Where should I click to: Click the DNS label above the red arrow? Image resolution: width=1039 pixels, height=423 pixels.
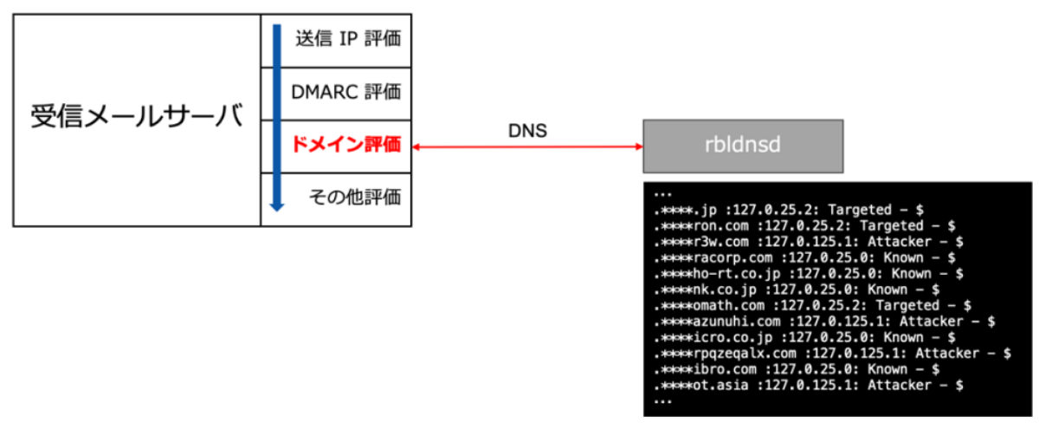526,130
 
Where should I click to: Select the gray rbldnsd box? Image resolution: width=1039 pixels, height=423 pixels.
743,146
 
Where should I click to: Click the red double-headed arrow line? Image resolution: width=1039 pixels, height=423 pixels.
526,147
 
